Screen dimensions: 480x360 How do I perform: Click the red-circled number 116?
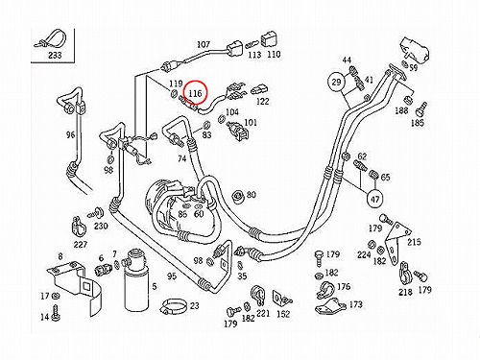point(195,93)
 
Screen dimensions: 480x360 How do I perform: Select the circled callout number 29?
point(336,83)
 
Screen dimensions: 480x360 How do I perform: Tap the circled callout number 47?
point(374,199)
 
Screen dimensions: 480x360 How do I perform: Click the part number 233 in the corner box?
point(55,55)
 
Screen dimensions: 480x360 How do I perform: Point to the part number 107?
point(204,44)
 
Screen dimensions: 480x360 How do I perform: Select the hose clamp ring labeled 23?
point(173,306)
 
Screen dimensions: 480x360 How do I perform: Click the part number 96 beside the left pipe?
point(70,134)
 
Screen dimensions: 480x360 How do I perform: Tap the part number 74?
point(181,158)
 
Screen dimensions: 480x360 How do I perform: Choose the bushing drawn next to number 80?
point(237,197)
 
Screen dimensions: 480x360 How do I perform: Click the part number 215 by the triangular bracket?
point(414,242)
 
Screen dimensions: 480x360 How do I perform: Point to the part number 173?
point(355,304)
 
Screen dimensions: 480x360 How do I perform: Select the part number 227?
point(81,245)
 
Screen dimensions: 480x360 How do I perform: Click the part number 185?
point(417,123)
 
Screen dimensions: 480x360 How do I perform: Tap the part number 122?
point(263,101)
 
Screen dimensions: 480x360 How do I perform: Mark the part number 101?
point(251,122)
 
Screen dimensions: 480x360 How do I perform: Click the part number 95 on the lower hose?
point(172,276)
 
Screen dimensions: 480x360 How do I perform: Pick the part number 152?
point(283,314)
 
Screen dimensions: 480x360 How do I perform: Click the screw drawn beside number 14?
point(57,312)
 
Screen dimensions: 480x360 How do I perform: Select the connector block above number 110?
point(269,40)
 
